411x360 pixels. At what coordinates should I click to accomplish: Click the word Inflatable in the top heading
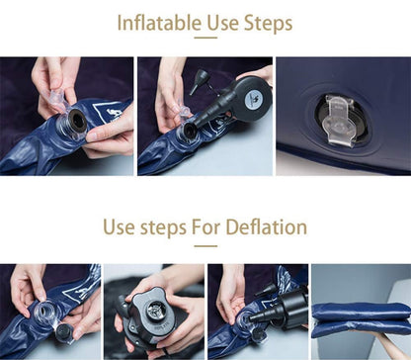(x=159, y=23)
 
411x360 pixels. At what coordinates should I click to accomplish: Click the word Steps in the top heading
(x=268, y=24)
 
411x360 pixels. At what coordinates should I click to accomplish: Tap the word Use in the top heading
(x=222, y=23)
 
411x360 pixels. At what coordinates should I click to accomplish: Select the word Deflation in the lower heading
(x=266, y=227)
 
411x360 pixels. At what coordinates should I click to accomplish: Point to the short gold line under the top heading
(x=205, y=38)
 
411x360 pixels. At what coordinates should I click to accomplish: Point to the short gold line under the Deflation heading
(x=205, y=246)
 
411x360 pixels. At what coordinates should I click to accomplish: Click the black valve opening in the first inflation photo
(x=78, y=121)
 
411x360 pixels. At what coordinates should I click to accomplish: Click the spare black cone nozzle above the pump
(x=200, y=81)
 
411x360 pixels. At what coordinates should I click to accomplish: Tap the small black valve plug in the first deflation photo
(x=62, y=332)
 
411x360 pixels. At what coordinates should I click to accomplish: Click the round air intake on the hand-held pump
(x=156, y=311)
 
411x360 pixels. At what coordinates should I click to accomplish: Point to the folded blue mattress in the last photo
(x=361, y=319)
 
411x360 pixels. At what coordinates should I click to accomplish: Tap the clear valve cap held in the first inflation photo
(x=55, y=98)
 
